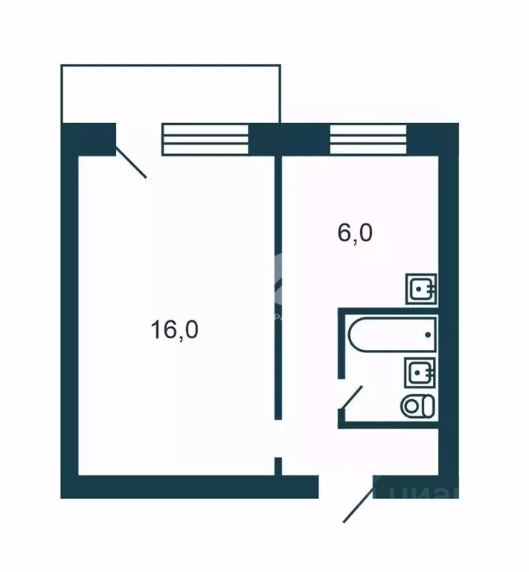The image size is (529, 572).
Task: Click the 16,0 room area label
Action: tap(174, 328)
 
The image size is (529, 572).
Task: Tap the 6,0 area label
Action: tap(355, 234)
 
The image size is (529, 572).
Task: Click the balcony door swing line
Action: tap(131, 163)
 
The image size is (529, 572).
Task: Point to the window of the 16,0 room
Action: tap(205, 139)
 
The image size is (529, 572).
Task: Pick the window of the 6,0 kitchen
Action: tap(369, 139)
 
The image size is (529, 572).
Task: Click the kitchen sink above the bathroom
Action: tap(421, 288)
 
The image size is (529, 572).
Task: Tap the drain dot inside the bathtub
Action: tap(427, 334)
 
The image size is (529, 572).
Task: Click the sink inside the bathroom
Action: tap(420, 370)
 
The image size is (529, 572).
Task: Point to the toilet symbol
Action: tap(417, 407)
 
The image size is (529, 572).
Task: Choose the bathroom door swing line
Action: tap(351, 397)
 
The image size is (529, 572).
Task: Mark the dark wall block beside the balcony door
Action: tap(89, 139)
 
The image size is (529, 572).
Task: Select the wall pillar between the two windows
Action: tap(289, 139)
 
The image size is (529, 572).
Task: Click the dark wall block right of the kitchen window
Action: tap(433, 139)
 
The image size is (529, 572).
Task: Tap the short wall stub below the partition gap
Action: tap(278, 465)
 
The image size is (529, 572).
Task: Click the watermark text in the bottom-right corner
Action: tap(424, 492)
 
